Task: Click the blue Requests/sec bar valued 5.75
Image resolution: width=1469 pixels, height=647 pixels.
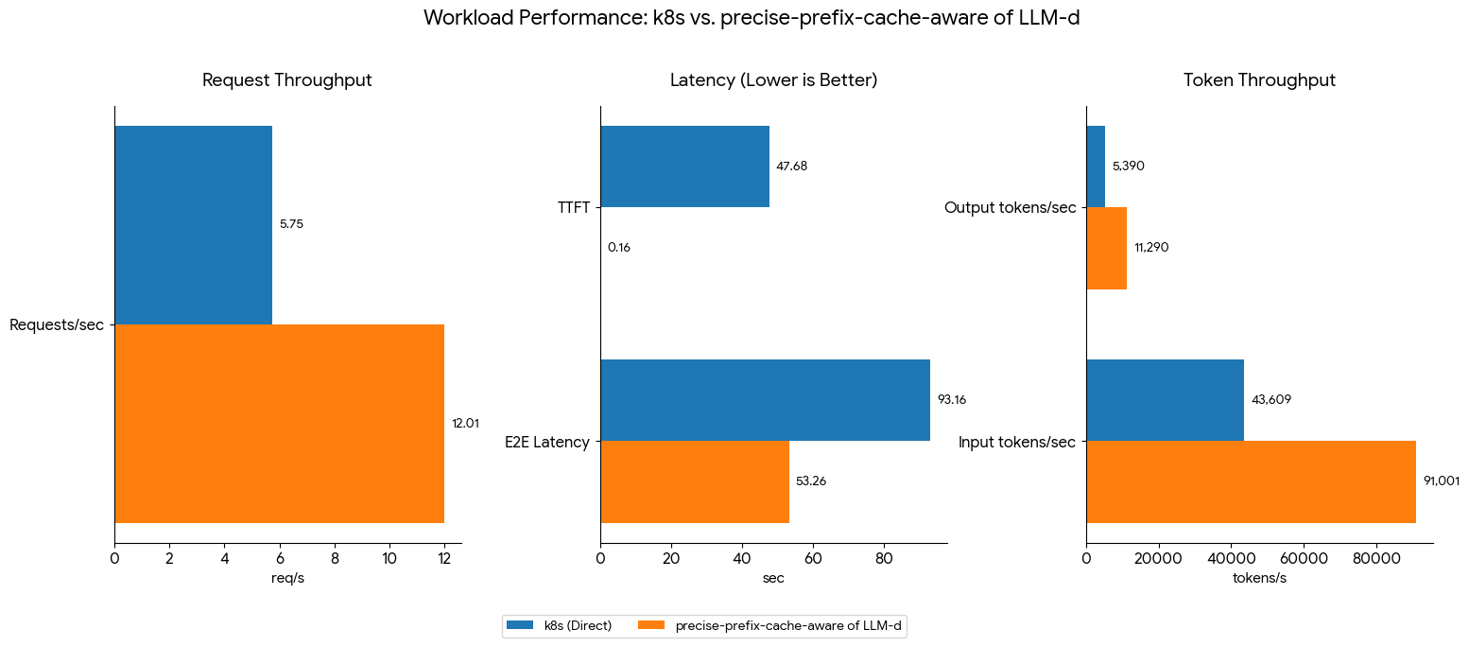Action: [x=193, y=225]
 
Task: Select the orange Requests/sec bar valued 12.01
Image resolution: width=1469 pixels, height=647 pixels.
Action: [x=279, y=423]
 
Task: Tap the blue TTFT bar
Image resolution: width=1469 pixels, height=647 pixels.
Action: [x=684, y=166]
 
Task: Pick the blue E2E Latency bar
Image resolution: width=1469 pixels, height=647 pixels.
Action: [x=765, y=399]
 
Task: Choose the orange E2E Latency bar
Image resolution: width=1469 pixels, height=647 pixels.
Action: [x=694, y=481]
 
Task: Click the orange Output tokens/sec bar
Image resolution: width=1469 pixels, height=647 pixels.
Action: [x=1106, y=248]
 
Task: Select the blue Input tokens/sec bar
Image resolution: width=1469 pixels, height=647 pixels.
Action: [x=1165, y=399]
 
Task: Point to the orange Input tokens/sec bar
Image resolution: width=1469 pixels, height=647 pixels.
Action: [x=1251, y=481]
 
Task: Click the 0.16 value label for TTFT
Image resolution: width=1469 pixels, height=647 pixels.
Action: [x=619, y=248]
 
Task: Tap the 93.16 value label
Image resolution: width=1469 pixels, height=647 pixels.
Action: [x=951, y=400]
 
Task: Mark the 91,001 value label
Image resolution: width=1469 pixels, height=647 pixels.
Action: [x=1442, y=481]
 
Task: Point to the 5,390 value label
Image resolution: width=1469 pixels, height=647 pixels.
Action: [x=1129, y=166]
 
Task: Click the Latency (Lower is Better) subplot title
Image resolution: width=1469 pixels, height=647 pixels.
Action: [x=773, y=80]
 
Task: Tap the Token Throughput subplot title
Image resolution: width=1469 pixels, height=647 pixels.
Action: [x=1259, y=80]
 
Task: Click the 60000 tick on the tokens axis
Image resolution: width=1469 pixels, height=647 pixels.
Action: [x=1304, y=559]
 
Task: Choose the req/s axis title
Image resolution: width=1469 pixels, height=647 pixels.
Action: [x=287, y=578]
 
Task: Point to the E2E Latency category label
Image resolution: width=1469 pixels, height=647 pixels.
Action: [x=547, y=442]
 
